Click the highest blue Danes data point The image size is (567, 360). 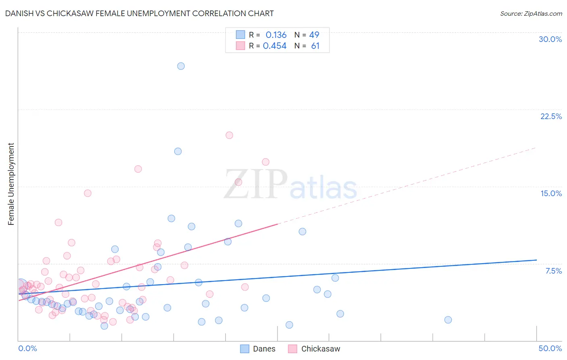coord(181,66)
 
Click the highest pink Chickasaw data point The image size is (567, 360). coord(229,135)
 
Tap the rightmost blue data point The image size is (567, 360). coord(448,320)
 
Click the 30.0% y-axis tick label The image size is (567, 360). coord(550,39)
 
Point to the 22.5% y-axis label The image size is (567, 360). coord(551,116)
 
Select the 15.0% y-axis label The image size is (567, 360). coord(551,193)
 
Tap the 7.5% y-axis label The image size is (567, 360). coord(553,271)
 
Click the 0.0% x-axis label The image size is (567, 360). coord(27,348)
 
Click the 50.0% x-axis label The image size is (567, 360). coord(550,348)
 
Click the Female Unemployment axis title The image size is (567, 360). coord(11,184)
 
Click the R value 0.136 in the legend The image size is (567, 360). coord(276,35)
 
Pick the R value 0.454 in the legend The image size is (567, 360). coord(275,46)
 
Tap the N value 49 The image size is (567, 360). coord(314,35)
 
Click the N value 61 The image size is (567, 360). coord(315,46)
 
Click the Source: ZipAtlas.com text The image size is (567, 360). coord(531,14)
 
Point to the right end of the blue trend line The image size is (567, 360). coord(536,260)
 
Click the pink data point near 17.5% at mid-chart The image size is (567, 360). coord(265,162)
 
